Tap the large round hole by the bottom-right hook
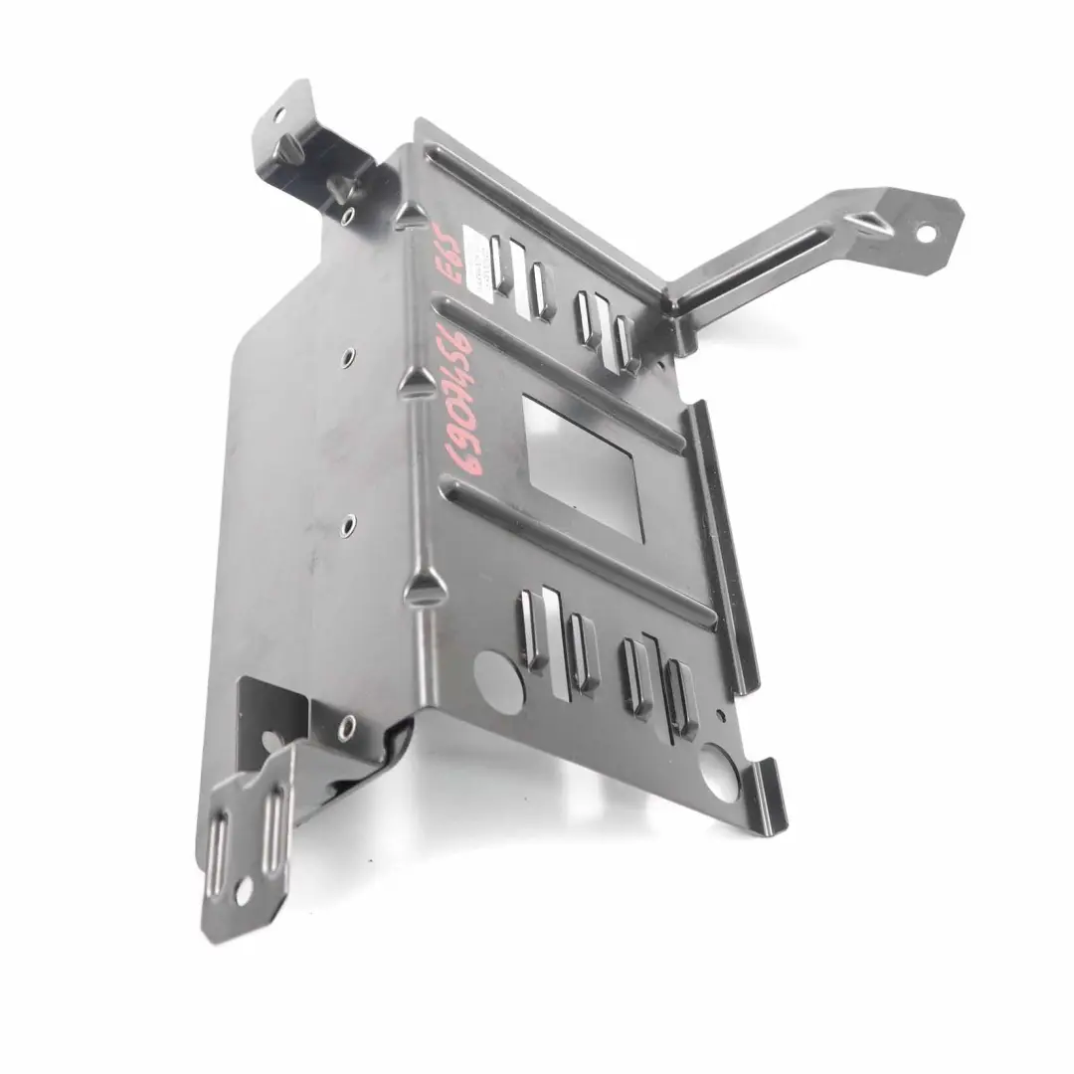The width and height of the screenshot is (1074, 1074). (719, 775)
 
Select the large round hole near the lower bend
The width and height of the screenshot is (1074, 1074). (498, 681)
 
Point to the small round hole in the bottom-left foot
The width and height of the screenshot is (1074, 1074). (242, 892)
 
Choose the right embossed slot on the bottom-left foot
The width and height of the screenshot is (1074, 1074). (270, 825)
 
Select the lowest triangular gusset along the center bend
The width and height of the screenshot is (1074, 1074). (424, 588)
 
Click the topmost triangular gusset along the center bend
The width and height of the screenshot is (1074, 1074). (410, 214)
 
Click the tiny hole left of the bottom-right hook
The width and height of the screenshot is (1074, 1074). (720, 714)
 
